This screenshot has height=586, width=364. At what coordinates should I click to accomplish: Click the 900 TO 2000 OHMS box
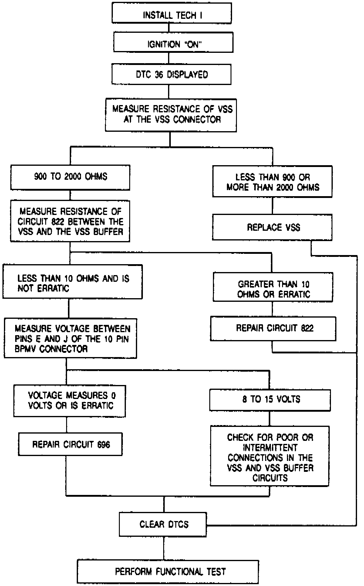pyautogui.click(x=70, y=178)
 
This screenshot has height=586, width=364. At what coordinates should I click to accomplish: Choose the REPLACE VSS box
pyautogui.click(x=272, y=227)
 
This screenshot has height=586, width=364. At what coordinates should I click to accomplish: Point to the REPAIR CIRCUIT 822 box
pyautogui.click(x=273, y=329)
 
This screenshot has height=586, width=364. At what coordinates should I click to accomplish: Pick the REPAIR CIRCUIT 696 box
pyautogui.click(x=70, y=444)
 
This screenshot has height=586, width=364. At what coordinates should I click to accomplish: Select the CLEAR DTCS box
pyautogui.click(x=163, y=524)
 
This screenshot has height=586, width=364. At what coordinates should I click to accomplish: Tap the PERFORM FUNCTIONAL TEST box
pyautogui.click(x=168, y=572)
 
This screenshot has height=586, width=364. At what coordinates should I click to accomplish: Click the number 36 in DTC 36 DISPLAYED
pyautogui.click(x=159, y=74)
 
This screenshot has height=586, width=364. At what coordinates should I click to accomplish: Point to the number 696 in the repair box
pyautogui.click(x=104, y=445)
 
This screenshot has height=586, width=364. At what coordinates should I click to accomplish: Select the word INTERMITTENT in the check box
pyautogui.click(x=270, y=448)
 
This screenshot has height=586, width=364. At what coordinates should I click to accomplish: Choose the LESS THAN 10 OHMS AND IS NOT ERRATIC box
pyautogui.click(x=72, y=281)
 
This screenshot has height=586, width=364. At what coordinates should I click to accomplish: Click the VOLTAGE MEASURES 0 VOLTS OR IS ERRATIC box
pyautogui.click(x=70, y=401)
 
